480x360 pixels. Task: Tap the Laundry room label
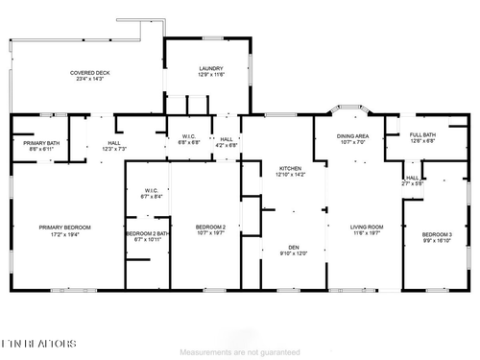click(211, 68)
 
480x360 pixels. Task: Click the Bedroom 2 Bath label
click(147, 233)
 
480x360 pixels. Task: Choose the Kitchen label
click(290, 168)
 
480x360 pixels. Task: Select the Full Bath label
click(422, 134)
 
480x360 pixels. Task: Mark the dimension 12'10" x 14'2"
click(290, 175)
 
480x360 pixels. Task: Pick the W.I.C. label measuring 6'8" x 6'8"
click(189, 136)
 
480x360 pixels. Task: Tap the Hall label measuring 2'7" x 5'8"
click(411, 178)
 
